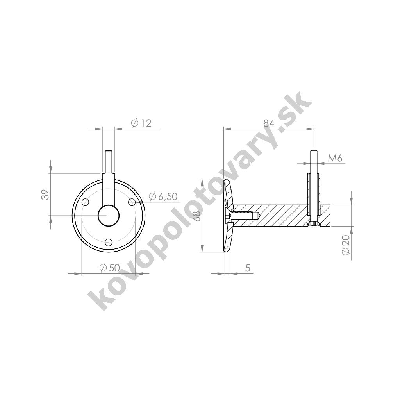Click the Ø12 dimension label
coord(141,123)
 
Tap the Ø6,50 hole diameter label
coord(163,196)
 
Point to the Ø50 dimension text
coord(110,268)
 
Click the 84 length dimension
coord(269,123)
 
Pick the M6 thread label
coord(334,159)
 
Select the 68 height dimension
coord(197,216)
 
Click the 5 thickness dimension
coord(247,268)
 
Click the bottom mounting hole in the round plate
coord(109,242)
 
